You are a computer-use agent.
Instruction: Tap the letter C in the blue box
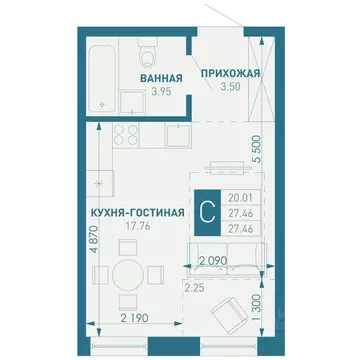tap(206, 213)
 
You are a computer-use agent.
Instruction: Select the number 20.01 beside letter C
tap(240, 199)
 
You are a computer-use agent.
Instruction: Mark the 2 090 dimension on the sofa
tap(214, 262)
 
